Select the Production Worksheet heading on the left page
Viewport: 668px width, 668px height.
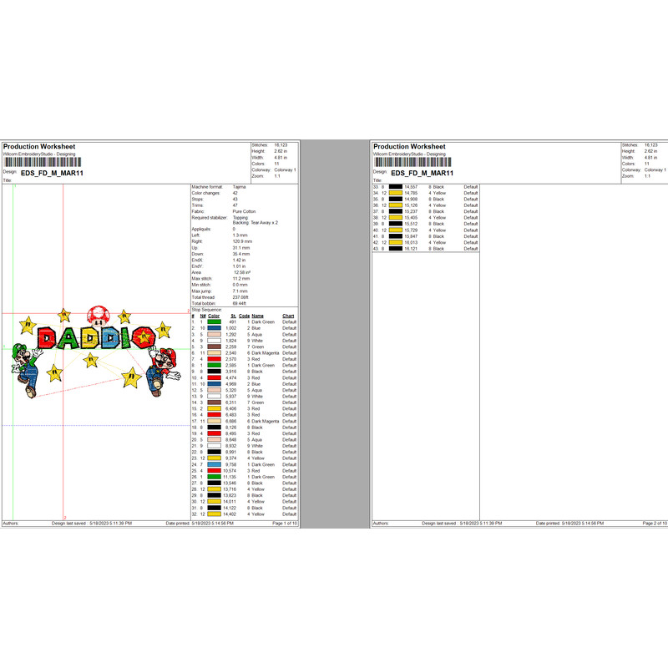[39, 147]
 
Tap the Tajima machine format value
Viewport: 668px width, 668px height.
[240, 187]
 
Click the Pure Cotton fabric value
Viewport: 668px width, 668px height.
[245, 213]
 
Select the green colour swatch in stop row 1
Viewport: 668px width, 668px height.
[215, 322]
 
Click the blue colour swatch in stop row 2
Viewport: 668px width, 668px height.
[215, 328]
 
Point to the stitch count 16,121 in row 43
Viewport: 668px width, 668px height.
[410, 249]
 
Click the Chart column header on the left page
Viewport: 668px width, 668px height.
[288, 316]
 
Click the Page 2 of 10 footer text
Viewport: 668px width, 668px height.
[654, 523]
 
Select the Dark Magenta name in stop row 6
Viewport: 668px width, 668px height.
[266, 353]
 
